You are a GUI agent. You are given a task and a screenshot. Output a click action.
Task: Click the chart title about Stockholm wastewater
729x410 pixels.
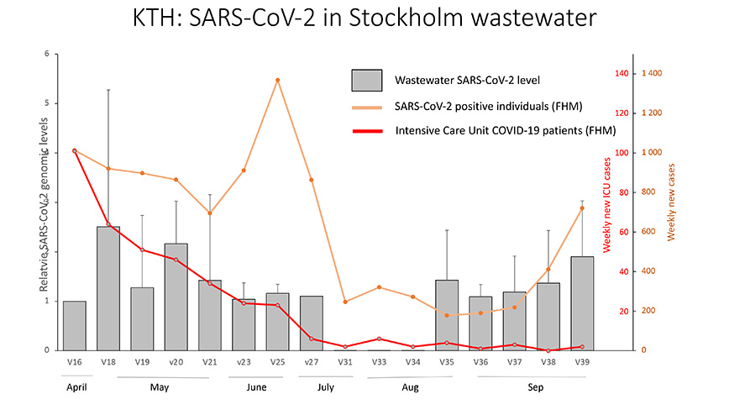(x=364, y=18)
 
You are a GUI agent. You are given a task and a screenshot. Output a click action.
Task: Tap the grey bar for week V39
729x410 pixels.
(x=582, y=303)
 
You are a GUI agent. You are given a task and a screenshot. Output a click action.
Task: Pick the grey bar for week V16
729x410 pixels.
(x=74, y=325)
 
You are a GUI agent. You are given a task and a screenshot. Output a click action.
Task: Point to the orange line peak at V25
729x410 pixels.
(x=277, y=80)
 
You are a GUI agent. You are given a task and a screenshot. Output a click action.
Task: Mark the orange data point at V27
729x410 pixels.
(x=312, y=180)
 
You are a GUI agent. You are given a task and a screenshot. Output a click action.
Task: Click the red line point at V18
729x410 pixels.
(x=108, y=224)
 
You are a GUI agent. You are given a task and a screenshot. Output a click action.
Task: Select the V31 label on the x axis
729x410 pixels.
(x=345, y=361)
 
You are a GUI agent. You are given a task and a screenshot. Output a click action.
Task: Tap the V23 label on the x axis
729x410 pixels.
(x=244, y=361)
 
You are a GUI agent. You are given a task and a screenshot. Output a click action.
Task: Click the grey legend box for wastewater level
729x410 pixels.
(x=366, y=81)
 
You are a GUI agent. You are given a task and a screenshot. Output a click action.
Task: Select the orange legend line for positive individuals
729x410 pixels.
(x=366, y=107)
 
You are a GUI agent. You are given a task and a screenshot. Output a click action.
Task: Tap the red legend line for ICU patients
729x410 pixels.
(x=366, y=131)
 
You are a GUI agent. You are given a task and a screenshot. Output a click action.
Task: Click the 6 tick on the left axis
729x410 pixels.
(x=47, y=55)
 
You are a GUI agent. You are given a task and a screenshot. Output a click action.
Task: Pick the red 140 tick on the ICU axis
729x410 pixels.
(x=621, y=74)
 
